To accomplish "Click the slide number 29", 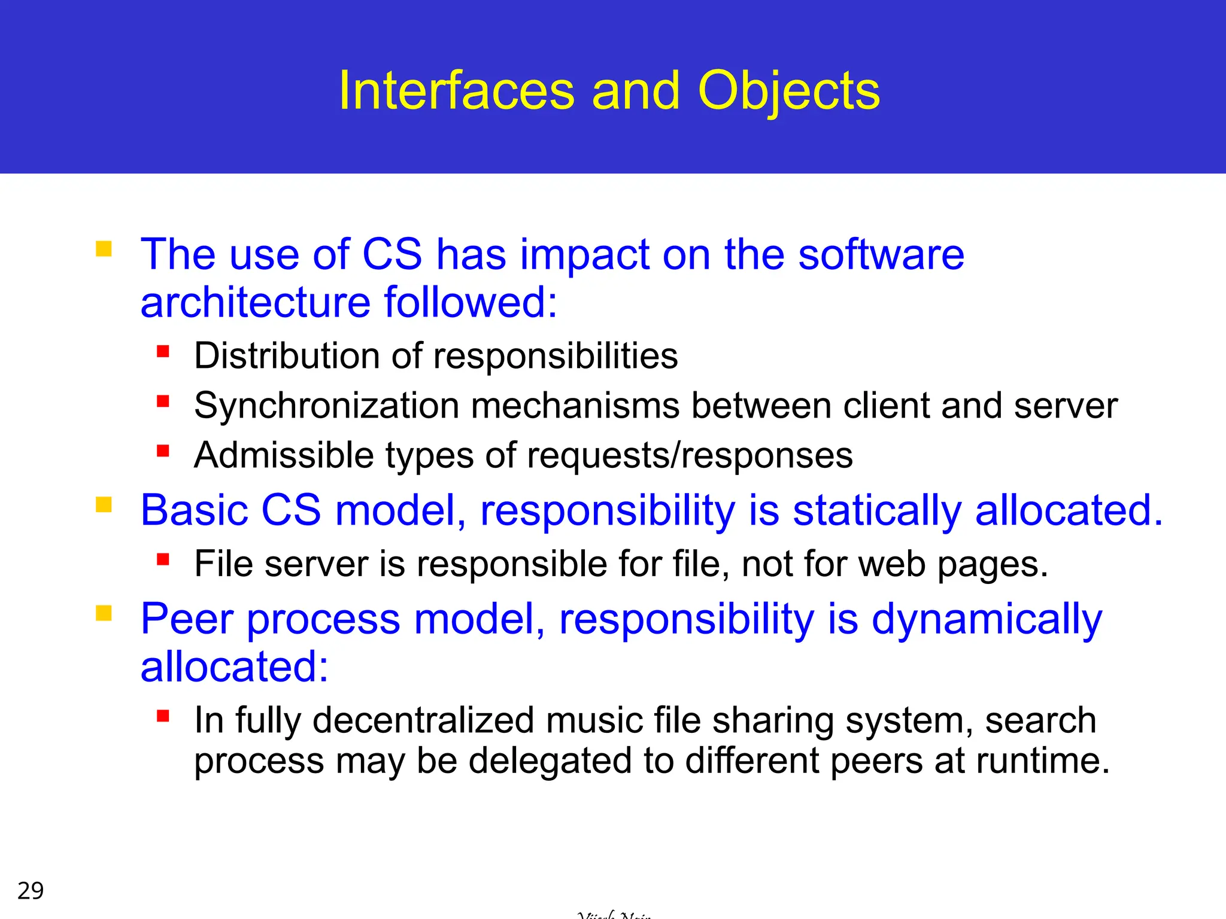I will [31, 891].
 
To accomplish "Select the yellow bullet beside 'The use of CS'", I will [104, 248].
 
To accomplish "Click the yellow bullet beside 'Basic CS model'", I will [104, 505].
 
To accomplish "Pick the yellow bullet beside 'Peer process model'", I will [104, 613].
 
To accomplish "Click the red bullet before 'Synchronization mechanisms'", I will [163, 400].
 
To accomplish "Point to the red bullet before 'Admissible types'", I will [163, 450].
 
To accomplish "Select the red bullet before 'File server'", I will [163, 559].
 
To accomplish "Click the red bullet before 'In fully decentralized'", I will [163, 716].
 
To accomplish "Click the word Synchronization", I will [326, 407].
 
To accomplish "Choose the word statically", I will [876, 511].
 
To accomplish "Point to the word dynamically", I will [987, 620].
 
